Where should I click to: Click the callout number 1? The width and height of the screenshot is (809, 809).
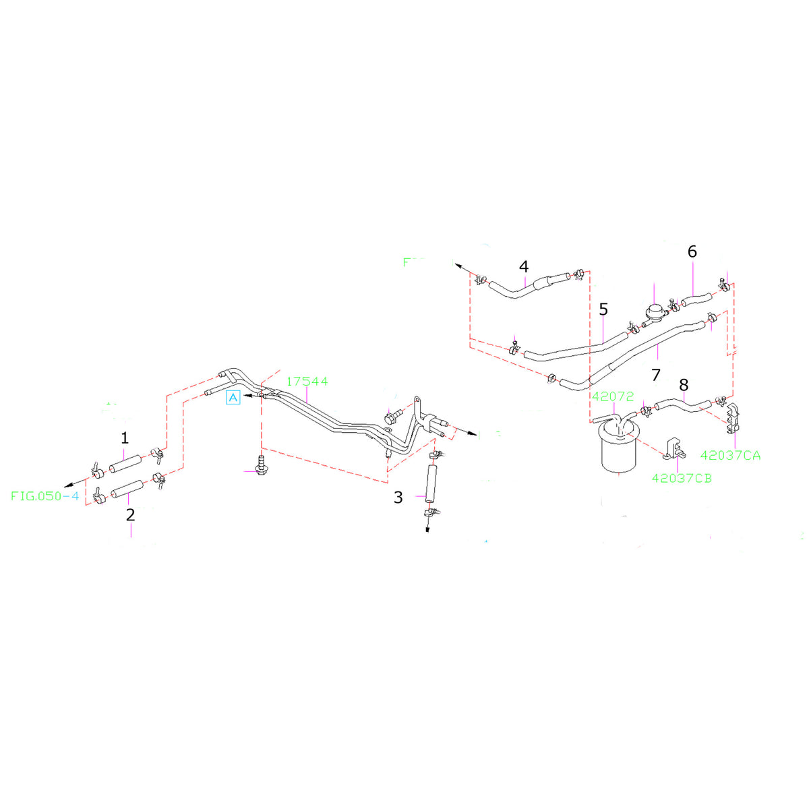tap(124, 438)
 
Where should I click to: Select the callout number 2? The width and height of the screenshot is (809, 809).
tap(130, 515)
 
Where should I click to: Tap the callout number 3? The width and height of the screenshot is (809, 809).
tap(398, 498)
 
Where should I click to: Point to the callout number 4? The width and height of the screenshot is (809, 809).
tap(524, 266)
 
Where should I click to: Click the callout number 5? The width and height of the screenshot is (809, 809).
tap(603, 309)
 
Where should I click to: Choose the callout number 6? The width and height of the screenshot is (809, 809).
tap(692, 251)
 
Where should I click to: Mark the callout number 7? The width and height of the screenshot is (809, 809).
tap(656, 374)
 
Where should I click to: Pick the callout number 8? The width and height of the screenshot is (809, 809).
tap(684, 385)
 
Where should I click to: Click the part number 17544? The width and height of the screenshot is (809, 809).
tap(307, 382)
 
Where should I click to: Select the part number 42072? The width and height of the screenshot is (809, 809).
tap(613, 396)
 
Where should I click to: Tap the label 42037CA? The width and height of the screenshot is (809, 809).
tap(730, 455)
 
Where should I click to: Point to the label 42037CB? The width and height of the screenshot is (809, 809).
tap(682, 478)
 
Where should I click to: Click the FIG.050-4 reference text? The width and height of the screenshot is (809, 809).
tap(45, 496)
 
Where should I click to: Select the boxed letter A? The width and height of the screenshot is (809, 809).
tap(233, 398)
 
